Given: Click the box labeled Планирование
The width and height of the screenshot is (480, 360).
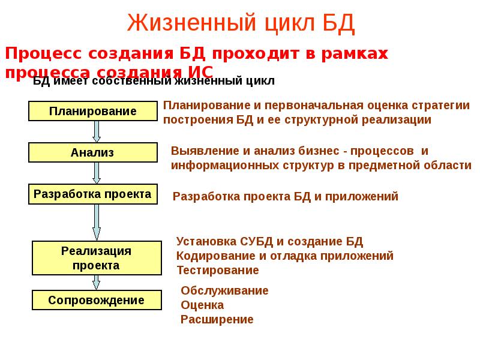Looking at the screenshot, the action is [93, 111].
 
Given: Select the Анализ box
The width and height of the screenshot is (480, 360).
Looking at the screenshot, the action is [93, 152].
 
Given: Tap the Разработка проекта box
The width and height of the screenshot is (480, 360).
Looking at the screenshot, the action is [93, 194].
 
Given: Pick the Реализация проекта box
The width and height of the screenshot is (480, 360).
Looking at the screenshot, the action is [96, 257].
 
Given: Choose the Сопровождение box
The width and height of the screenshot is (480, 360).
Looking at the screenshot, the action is [96, 300].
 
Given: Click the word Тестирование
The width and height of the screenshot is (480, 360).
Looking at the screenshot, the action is [217, 271].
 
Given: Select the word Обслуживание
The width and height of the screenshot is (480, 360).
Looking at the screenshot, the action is [224, 291].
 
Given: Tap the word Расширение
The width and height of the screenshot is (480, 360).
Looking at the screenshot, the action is [217, 320].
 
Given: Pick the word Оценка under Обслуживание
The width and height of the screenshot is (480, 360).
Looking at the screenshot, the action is [202, 305].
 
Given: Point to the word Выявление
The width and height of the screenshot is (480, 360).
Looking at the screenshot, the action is [202, 151].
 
